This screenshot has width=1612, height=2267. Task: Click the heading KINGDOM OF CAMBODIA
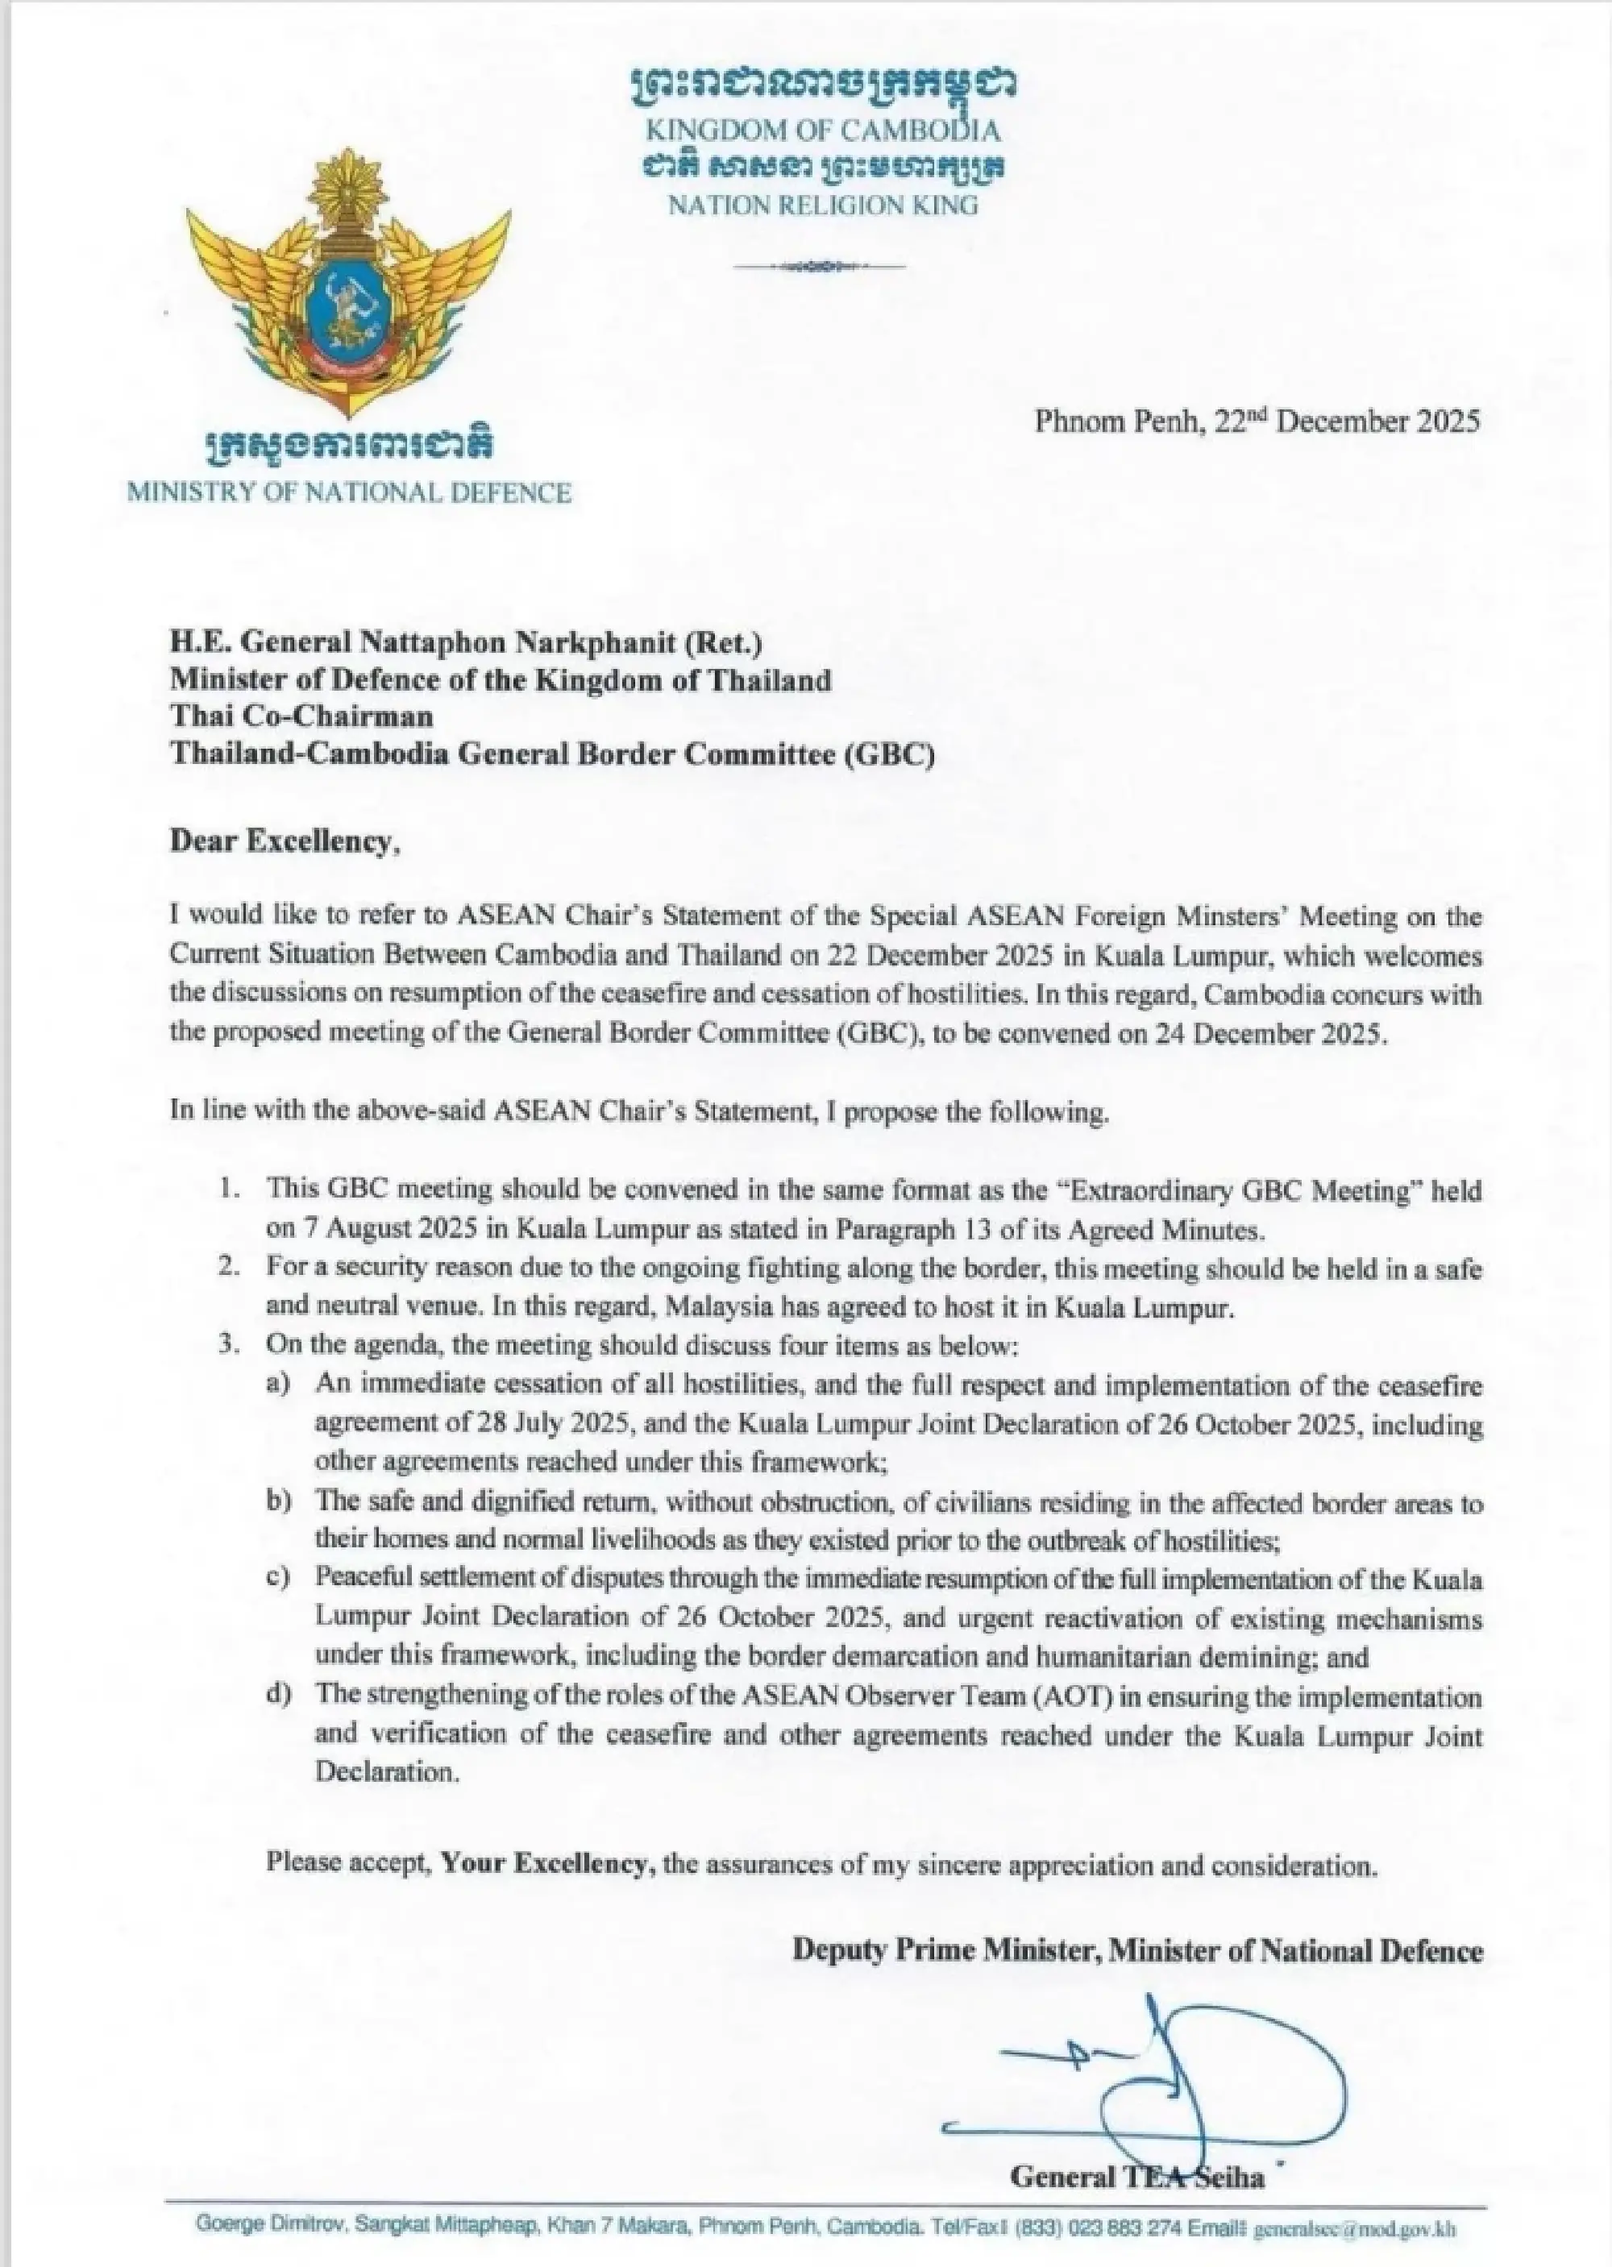[x=823, y=130]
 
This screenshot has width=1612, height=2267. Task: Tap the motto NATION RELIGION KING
[x=823, y=206]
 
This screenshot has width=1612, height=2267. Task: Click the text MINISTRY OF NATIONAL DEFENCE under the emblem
[x=348, y=492]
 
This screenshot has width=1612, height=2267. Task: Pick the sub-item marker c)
[x=278, y=1578]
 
